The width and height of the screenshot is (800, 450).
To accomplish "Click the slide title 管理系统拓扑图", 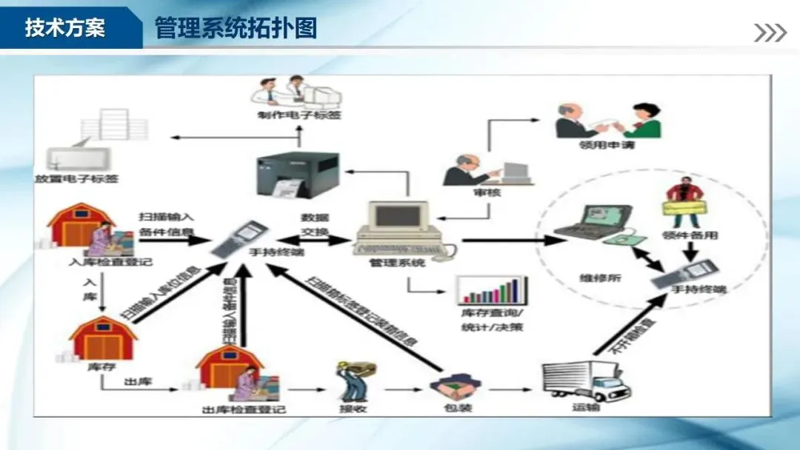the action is point(236,28).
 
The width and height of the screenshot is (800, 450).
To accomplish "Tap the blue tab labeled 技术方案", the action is point(65,28).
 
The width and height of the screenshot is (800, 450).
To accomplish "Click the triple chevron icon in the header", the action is point(770,33).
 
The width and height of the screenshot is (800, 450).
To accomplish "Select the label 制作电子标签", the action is point(300,115).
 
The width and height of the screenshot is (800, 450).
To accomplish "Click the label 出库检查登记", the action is point(244,409).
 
